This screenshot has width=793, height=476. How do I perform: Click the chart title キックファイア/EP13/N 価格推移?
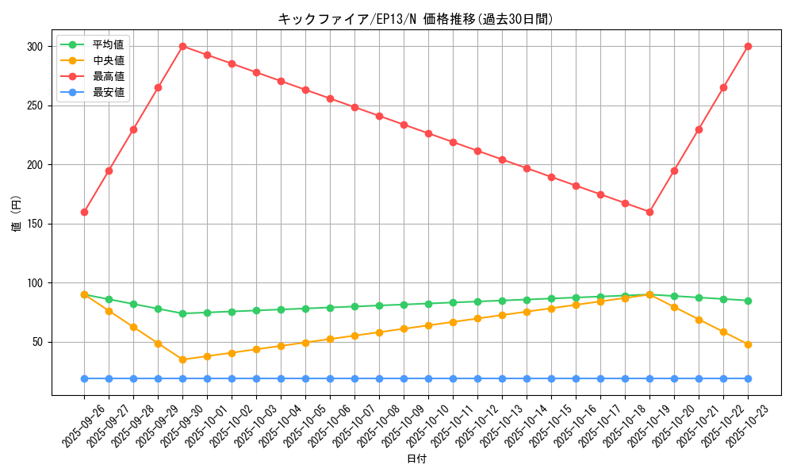coord(416,19)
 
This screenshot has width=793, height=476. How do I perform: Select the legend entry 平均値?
coord(108,44)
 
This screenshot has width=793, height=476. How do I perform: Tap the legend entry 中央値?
coord(108,60)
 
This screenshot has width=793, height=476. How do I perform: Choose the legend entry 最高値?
coord(108,76)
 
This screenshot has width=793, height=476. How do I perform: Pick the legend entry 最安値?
coord(108,92)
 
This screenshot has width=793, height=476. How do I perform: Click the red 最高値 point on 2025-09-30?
coord(182,46)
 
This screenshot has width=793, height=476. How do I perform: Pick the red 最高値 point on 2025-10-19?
coord(649,212)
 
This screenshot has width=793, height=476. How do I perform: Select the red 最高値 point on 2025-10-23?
coord(748,46)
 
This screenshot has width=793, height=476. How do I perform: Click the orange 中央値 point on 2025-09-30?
coord(182,359)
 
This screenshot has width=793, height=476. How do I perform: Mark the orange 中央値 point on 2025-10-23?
coord(748,344)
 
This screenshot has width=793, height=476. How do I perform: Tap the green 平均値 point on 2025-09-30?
coord(182,313)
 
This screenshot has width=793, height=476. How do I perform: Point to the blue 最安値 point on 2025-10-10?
coord(428,378)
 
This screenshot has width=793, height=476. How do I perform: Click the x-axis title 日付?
coord(416,459)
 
